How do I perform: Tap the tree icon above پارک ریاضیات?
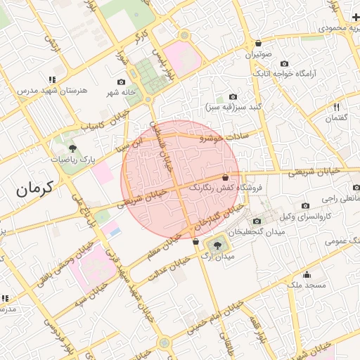pyautogui.click(x=72, y=148)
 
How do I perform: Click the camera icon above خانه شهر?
pyautogui.click(x=121, y=82)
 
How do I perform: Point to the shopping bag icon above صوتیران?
pyautogui.click(x=258, y=43)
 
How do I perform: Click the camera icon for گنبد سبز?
pyautogui.click(x=233, y=97)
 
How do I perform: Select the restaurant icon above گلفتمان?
pyautogui.click(x=336, y=107)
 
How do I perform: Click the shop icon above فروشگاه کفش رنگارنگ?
pyautogui.click(x=224, y=177)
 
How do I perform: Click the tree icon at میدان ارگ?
pyautogui.click(x=216, y=245)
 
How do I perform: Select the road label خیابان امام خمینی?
pyautogui.click(x=214, y=317)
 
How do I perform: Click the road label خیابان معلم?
pyautogui.click(x=162, y=245)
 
